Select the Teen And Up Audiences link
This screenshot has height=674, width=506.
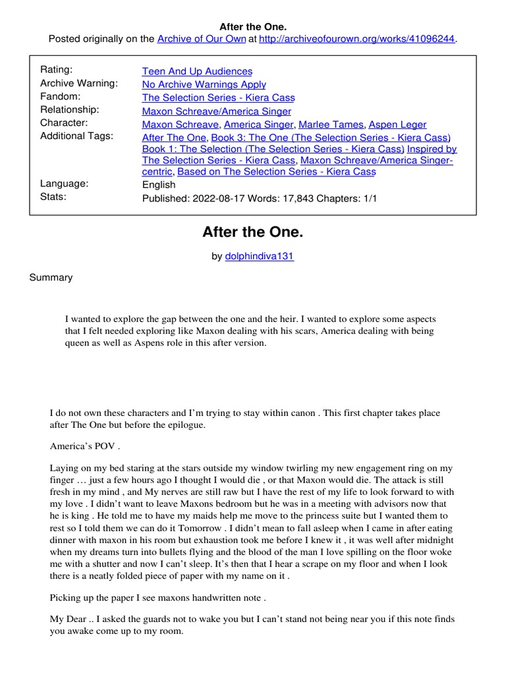click(x=197, y=71)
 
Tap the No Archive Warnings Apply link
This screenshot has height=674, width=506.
click(x=204, y=84)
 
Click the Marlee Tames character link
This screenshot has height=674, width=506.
click(x=331, y=124)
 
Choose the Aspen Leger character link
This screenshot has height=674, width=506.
click(x=397, y=124)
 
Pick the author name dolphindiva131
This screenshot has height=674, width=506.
click(x=260, y=256)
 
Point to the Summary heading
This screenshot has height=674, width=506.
click(x=51, y=277)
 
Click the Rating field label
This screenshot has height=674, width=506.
click(x=57, y=70)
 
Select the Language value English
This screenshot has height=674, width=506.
click(x=159, y=185)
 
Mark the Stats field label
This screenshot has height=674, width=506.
click(x=53, y=196)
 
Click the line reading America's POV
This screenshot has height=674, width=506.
click(x=85, y=446)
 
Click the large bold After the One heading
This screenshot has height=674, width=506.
click(x=253, y=232)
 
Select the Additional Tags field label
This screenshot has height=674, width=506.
click(x=76, y=136)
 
